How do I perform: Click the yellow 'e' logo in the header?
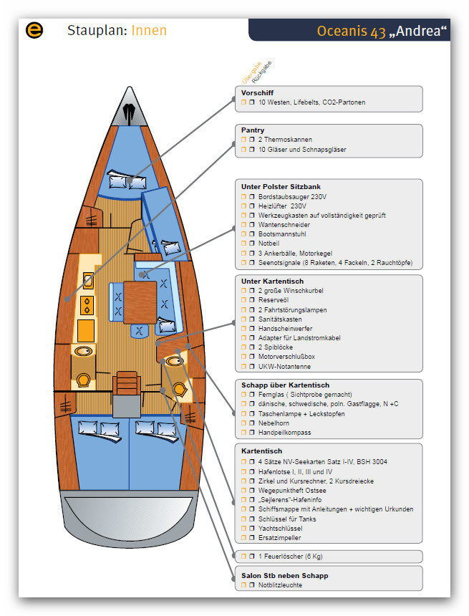(34, 30)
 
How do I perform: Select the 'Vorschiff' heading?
(257, 93)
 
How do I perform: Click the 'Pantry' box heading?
(253, 130)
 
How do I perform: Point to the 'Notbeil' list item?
(269, 244)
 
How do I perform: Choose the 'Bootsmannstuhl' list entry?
(282, 234)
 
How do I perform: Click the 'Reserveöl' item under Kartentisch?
(275, 300)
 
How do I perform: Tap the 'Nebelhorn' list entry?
(274, 423)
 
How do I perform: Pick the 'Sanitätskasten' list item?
(280, 319)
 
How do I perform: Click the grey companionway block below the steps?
(126, 405)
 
